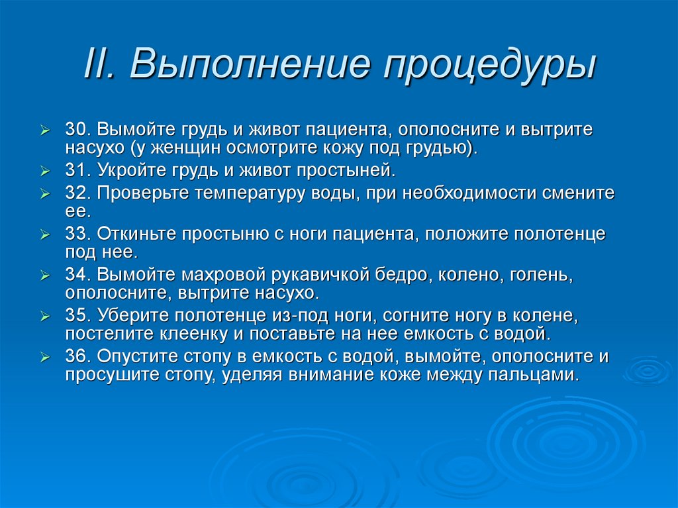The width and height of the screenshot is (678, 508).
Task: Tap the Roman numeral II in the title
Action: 101,65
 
